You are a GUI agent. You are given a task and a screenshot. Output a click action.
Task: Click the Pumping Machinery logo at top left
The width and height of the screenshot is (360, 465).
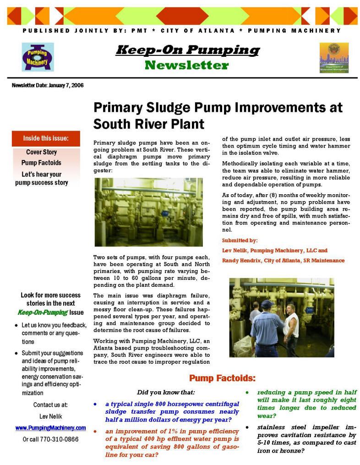coord(38,57)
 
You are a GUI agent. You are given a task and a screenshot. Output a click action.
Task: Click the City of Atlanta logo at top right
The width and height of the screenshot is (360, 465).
coord(334,58)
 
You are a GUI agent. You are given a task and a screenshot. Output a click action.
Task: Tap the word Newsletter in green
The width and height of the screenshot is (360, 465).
coord(186,66)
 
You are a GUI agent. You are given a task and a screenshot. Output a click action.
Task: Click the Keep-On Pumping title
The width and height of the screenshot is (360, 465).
coord(187,49)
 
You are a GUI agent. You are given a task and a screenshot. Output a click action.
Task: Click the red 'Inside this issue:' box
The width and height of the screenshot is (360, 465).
coord(46,138)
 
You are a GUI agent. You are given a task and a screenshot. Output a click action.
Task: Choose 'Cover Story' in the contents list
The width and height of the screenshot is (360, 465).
coord(41,152)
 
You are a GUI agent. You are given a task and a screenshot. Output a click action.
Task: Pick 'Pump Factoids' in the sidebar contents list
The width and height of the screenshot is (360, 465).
coord(41,163)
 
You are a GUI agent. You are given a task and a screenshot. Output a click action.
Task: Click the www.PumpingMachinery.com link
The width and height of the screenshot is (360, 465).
coord(50,428)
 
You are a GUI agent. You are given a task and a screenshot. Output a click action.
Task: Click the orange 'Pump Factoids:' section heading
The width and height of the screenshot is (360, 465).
coord(222,378)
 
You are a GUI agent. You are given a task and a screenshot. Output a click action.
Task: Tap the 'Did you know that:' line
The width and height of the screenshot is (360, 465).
coord(166,392)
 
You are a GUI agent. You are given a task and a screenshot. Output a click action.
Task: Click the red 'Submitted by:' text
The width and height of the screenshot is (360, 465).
coord(240,240)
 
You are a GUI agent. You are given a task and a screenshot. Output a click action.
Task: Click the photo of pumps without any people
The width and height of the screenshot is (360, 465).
coord(148,212)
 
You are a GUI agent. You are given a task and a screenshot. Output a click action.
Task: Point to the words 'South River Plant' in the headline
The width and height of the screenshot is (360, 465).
coord(149,124)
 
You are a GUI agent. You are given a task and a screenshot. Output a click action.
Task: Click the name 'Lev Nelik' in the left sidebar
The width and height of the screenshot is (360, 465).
coord(50,416)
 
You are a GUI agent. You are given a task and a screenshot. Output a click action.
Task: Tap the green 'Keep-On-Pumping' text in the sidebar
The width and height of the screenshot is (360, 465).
coord(36,313)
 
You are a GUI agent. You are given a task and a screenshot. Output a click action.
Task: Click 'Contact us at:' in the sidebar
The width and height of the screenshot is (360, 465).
coord(50,405)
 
